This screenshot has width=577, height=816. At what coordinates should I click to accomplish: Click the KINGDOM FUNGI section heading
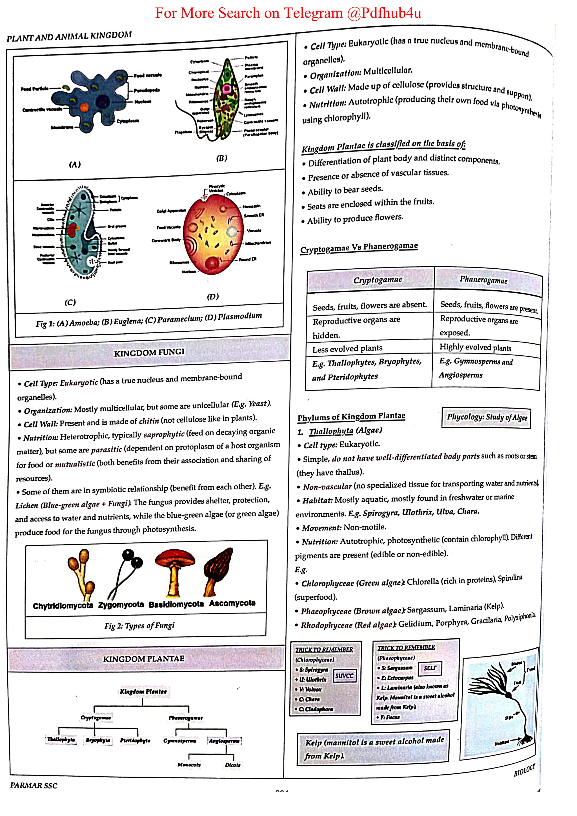(149, 353)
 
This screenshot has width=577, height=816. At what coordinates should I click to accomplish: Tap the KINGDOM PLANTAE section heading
(144, 659)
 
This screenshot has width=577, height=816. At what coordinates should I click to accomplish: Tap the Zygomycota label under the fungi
(121, 605)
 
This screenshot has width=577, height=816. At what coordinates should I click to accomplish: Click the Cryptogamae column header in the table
(378, 280)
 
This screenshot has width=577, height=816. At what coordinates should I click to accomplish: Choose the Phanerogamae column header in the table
(483, 280)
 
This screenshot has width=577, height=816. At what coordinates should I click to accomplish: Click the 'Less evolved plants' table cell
(347, 349)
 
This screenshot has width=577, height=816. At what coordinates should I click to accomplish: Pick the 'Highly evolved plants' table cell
(475, 347)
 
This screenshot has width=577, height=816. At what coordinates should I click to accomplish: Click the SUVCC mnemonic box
(344, 675)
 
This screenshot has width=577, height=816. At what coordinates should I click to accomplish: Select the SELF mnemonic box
(430, 668)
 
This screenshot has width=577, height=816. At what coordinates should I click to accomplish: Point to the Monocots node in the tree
(189, 764)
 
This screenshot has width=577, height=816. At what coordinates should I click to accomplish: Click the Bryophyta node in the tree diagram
(98, 740)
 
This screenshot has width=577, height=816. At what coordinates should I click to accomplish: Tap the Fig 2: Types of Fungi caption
(139, 625)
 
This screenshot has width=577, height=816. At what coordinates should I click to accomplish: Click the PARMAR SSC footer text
(34, 785)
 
